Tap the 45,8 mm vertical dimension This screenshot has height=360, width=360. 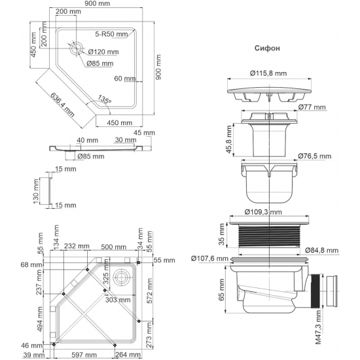[221, 136]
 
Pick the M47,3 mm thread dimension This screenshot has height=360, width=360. [318, 329]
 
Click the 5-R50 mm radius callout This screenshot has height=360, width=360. [111, 33]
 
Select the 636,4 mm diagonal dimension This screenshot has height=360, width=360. [63, 103]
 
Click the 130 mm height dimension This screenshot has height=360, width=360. [38, 190]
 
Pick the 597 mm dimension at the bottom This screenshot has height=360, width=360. [80, 355]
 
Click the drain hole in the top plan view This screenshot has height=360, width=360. [75, 48]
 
